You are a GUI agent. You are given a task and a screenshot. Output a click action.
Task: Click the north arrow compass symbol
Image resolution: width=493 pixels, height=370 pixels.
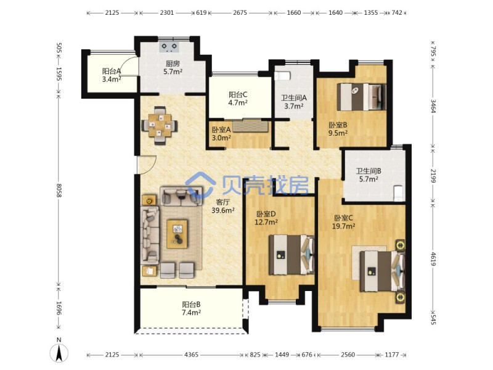pos(59,353)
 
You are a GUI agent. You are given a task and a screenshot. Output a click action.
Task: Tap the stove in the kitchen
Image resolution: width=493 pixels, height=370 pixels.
pos(169,47)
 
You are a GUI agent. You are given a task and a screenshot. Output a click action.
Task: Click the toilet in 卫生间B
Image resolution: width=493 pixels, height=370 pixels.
pos(397,193)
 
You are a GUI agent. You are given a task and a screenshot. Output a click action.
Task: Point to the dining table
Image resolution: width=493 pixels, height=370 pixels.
pos(160,126)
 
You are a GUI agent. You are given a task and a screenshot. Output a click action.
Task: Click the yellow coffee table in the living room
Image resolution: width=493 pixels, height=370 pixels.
pos(177,234)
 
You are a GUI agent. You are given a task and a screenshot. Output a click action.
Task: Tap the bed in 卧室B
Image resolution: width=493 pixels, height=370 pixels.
pos(362,97)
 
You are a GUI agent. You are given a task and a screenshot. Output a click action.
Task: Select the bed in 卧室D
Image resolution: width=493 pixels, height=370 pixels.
pos(291,255)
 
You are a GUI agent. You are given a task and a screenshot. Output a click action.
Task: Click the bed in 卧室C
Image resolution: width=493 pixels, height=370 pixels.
pos(382,271)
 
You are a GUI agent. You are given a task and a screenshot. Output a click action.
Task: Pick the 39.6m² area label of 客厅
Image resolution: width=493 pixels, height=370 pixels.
pos(222,210)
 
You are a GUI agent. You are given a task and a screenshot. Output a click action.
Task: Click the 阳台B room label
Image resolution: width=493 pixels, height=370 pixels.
pos(191,304)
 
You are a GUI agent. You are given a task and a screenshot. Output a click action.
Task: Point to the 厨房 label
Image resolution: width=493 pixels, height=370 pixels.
pos(173,64)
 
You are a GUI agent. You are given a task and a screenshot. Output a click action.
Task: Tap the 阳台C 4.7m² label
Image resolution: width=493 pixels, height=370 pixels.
pos(238,99)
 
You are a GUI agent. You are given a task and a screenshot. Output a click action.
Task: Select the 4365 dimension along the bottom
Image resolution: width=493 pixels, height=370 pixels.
pos(191,355)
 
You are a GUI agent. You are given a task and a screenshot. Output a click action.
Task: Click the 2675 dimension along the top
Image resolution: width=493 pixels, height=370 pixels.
pos(240,12)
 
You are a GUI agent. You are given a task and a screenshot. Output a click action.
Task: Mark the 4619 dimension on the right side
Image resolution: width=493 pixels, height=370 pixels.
pos(434,258)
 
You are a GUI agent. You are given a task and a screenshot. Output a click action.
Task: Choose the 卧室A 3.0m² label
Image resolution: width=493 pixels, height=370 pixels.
pos(221,133)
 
